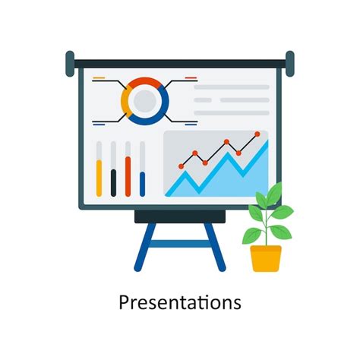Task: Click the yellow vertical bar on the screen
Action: point(99,178)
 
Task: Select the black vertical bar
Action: point(113,182)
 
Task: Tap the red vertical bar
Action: point(128,175)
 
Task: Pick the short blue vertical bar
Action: point(142,185)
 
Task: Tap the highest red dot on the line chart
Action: point(257,134)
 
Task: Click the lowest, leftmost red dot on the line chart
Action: point(180,165)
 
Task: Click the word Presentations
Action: point(180,302)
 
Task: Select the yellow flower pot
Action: point(266,257)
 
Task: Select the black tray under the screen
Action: point(179,216)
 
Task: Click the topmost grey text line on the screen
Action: point(231,87)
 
